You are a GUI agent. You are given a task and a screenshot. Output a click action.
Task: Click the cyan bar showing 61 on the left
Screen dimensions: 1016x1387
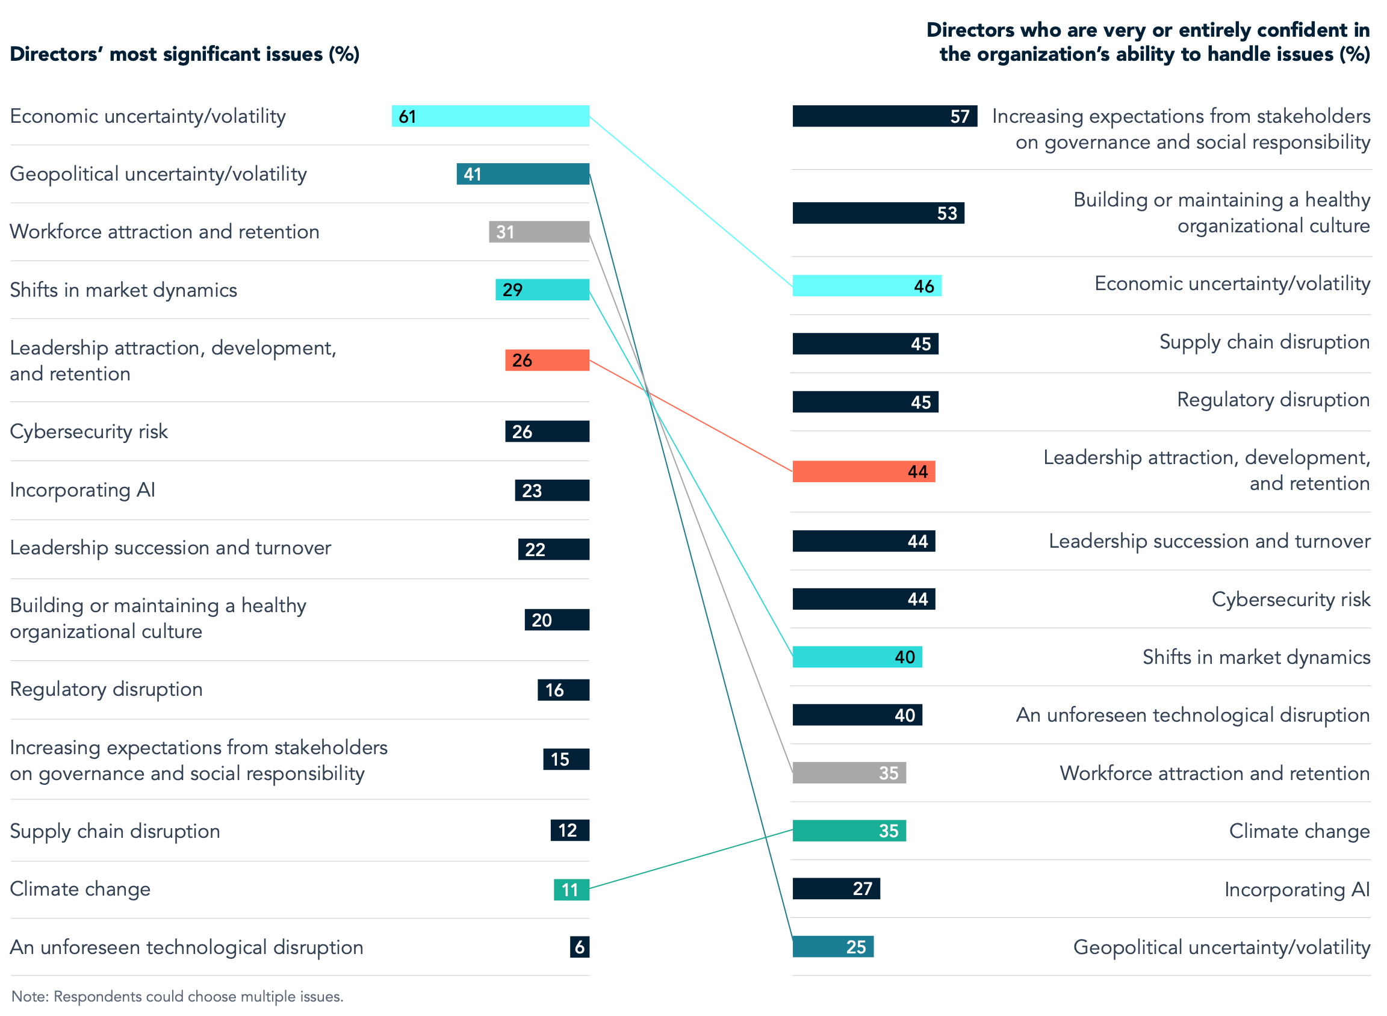pos(490,116)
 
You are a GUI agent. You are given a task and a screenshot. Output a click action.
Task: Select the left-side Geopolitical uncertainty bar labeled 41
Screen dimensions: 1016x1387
pos(523,174)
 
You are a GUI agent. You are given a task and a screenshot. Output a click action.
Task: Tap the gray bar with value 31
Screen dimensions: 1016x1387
pos(539,232)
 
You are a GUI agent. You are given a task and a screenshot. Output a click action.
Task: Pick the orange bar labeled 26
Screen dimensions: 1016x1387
pos(547,361)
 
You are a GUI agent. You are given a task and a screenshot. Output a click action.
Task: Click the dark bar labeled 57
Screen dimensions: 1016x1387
pos(884,116)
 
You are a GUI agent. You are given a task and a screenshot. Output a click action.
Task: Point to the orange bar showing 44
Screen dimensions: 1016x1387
pos(864,472)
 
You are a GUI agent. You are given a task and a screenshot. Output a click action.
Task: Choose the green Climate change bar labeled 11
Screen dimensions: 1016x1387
pos(571,890)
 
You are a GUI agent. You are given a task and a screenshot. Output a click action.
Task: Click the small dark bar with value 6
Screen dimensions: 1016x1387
pos(579,947)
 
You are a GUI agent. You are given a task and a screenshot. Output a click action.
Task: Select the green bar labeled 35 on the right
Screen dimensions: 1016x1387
pos(849,831)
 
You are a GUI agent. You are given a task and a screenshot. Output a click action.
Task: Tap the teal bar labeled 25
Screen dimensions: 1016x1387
pos(833,947)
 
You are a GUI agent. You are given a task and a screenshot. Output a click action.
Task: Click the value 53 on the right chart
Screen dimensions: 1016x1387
pos(947,214)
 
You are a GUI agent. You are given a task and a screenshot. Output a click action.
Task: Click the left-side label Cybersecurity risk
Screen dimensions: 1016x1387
pos(88,432)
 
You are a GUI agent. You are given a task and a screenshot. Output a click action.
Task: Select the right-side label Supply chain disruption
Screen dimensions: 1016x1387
pos(1264,342)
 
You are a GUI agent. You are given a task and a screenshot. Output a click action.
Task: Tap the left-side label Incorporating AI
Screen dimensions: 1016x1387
pos(82,490)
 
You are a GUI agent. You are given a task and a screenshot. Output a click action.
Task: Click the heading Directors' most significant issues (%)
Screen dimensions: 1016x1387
pos(185,54)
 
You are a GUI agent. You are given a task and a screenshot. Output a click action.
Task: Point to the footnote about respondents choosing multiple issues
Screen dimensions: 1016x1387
pos(177,997)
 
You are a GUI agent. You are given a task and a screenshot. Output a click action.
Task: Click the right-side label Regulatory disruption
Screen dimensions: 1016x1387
pos(1273,400)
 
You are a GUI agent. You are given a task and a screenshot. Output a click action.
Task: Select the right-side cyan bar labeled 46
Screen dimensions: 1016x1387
pos(867,286)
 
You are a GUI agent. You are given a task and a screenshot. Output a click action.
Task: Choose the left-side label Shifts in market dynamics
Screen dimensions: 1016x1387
pos(123,290)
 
